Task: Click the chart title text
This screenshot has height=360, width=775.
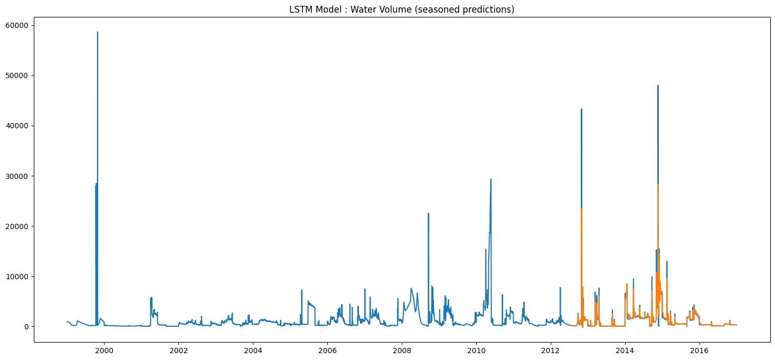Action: click(402, 10)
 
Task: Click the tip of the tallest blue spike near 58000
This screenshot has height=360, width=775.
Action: click(97, 32)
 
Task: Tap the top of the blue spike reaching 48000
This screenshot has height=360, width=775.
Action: click(658, 86)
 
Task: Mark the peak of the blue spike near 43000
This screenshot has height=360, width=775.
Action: click(581, 109)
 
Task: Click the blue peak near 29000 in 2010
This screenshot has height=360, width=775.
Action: click(491, 179)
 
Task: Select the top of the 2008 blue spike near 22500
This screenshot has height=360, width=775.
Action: click(428, 213)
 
